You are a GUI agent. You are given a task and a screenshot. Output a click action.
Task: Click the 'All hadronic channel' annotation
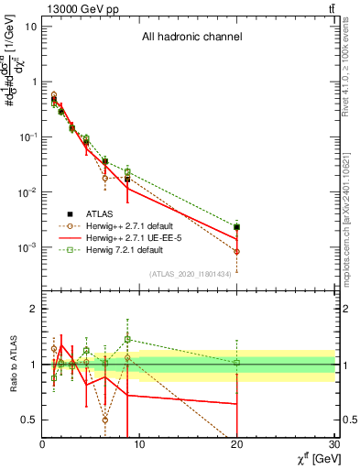[x=191, y=38]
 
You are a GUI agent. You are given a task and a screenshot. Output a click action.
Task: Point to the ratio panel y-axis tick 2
[x=33, y=309]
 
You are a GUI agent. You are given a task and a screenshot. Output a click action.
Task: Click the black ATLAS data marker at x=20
[x=237, y=227]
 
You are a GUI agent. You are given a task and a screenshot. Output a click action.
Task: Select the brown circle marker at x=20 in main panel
[x=237, y=251]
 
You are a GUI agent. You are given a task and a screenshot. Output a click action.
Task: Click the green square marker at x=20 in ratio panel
[x=237, y=363]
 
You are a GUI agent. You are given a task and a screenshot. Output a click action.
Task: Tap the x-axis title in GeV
[x=313, y=460]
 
